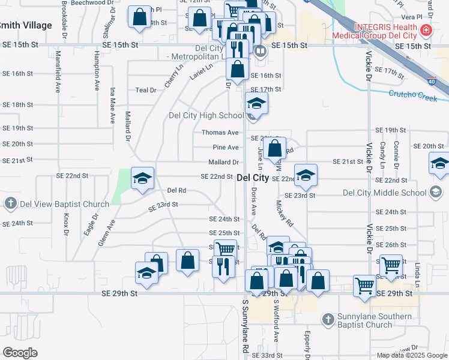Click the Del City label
tap(253, 178)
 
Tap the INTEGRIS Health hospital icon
tap(426, 29)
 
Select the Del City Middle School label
tap(384, 193)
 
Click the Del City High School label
tap(206, 116)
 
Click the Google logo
tap(20, 352)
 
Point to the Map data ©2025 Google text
tap(411, 355)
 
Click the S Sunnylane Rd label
tap(246, 326)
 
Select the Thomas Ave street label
tap(220, 133)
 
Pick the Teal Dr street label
tap(146, 90)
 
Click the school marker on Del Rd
tap(143, 178)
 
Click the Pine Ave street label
tap(226, 148)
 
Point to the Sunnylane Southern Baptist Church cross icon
tap(328, 320)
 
